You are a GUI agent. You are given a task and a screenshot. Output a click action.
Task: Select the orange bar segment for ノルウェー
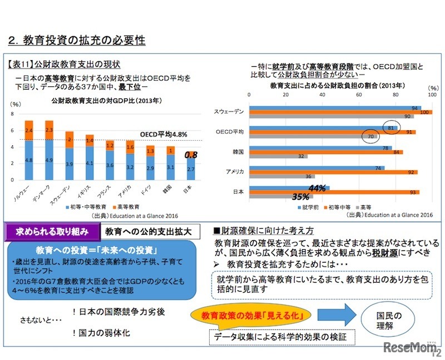point(29,130)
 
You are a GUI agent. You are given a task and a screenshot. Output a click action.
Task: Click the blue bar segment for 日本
point(191,169)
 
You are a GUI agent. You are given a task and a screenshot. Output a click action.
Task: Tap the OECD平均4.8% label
point(163,134)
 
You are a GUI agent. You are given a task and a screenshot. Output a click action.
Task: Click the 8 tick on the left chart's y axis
point(13,114)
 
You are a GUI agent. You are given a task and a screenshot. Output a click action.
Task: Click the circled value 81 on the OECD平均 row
point(391,127)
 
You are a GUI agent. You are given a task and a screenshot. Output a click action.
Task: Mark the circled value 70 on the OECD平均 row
point(370,136)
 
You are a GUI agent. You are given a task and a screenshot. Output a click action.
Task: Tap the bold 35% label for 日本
point(301,196)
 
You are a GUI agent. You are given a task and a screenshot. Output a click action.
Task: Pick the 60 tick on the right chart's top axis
point(359,95)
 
